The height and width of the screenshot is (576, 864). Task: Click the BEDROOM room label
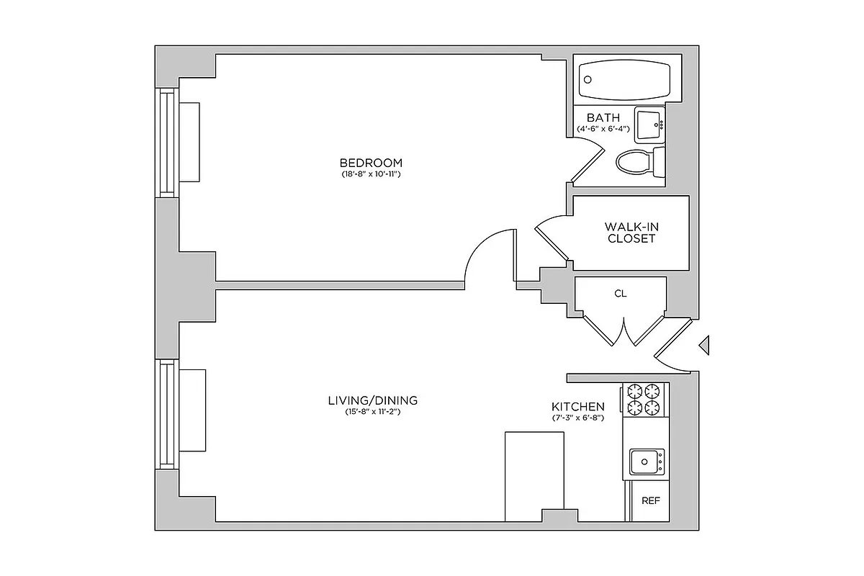coord(371,163)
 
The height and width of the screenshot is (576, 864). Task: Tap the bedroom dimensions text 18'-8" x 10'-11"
coord(371,175)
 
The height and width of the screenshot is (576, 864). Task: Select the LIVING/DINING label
coord(372,401)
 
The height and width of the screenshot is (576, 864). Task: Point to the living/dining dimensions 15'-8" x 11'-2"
coord(372,413)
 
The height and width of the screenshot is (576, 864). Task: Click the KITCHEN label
coord(578,407)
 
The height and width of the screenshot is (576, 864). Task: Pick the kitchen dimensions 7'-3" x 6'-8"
coord(578,418)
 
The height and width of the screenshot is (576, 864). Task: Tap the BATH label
coord(603,118)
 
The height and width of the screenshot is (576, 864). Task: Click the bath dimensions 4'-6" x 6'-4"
coord(603,129)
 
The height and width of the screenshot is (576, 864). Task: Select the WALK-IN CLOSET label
coord(631,233)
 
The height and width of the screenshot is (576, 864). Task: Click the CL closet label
coord(621,294)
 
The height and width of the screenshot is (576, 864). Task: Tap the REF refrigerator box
coord(651,501)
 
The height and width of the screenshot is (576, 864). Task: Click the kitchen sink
coord(647,462)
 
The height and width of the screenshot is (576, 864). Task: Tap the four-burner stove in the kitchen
coord(644,400)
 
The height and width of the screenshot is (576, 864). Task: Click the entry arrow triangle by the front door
coord(706,346)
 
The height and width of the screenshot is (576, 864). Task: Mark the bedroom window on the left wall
coord(167,142)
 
